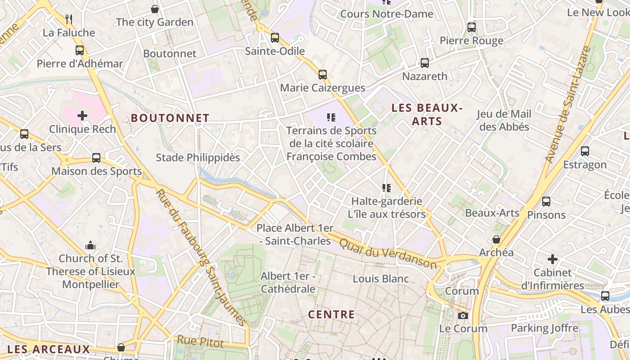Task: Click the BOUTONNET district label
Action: point(170,118)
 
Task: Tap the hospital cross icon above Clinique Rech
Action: point(82,116)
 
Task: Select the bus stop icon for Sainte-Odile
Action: point(274,38)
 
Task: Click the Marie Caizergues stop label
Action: point(323,88)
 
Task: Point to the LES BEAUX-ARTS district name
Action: point(427,114)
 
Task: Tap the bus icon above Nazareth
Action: point(424,63)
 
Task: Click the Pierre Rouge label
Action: point(471,41)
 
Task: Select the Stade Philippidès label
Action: point(198,157)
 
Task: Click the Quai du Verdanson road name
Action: point(387,253)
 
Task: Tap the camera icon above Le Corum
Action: point(463,315)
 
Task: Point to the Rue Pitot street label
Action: point(200,342)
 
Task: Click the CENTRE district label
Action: point(331,314)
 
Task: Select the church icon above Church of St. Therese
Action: point(90,245)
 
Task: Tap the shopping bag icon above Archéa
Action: point(496,239)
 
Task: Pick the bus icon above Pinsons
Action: point(546,202)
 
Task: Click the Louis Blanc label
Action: point(381,279)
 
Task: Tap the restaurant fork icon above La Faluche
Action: point(69,19)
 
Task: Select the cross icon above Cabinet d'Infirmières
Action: point(553,259)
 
